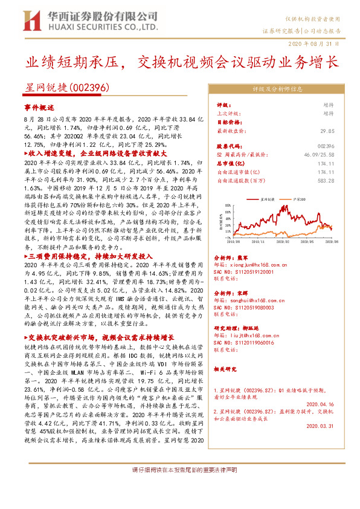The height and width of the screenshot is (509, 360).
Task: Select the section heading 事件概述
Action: coord(39,106)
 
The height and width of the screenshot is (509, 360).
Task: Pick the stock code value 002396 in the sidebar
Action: coord(325,146)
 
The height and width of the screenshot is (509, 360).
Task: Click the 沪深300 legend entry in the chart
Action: coord(297,198)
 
